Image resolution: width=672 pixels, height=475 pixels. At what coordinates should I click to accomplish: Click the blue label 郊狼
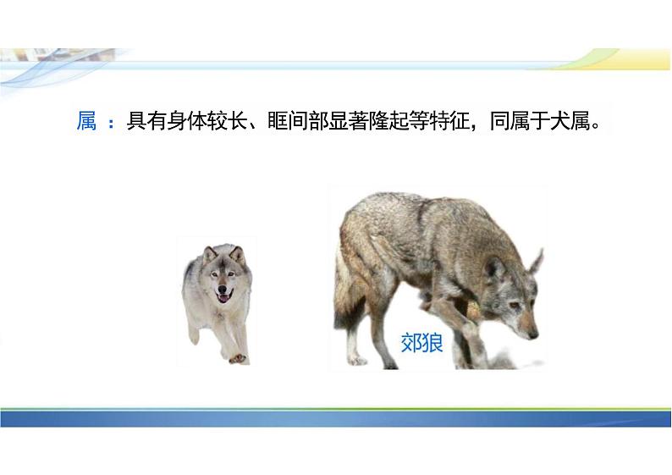421,343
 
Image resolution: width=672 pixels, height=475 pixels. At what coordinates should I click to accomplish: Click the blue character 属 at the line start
86,120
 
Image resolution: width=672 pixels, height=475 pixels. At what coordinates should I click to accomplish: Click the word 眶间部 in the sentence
298,120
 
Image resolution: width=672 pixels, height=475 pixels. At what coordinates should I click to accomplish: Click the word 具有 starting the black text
146,120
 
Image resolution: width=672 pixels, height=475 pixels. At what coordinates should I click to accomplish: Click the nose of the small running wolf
222,288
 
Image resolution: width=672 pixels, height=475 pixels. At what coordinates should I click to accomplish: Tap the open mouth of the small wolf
223,296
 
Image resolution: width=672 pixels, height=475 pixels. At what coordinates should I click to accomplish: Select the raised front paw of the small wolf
238,359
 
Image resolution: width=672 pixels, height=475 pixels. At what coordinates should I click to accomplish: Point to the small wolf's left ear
210,254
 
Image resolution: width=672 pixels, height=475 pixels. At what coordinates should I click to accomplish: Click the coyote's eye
514,305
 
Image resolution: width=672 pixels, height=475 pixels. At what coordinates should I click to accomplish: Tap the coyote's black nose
533,334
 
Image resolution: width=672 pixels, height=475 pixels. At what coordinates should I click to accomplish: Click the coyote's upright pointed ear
536,262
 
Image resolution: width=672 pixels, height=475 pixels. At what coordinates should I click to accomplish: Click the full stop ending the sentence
595,126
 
